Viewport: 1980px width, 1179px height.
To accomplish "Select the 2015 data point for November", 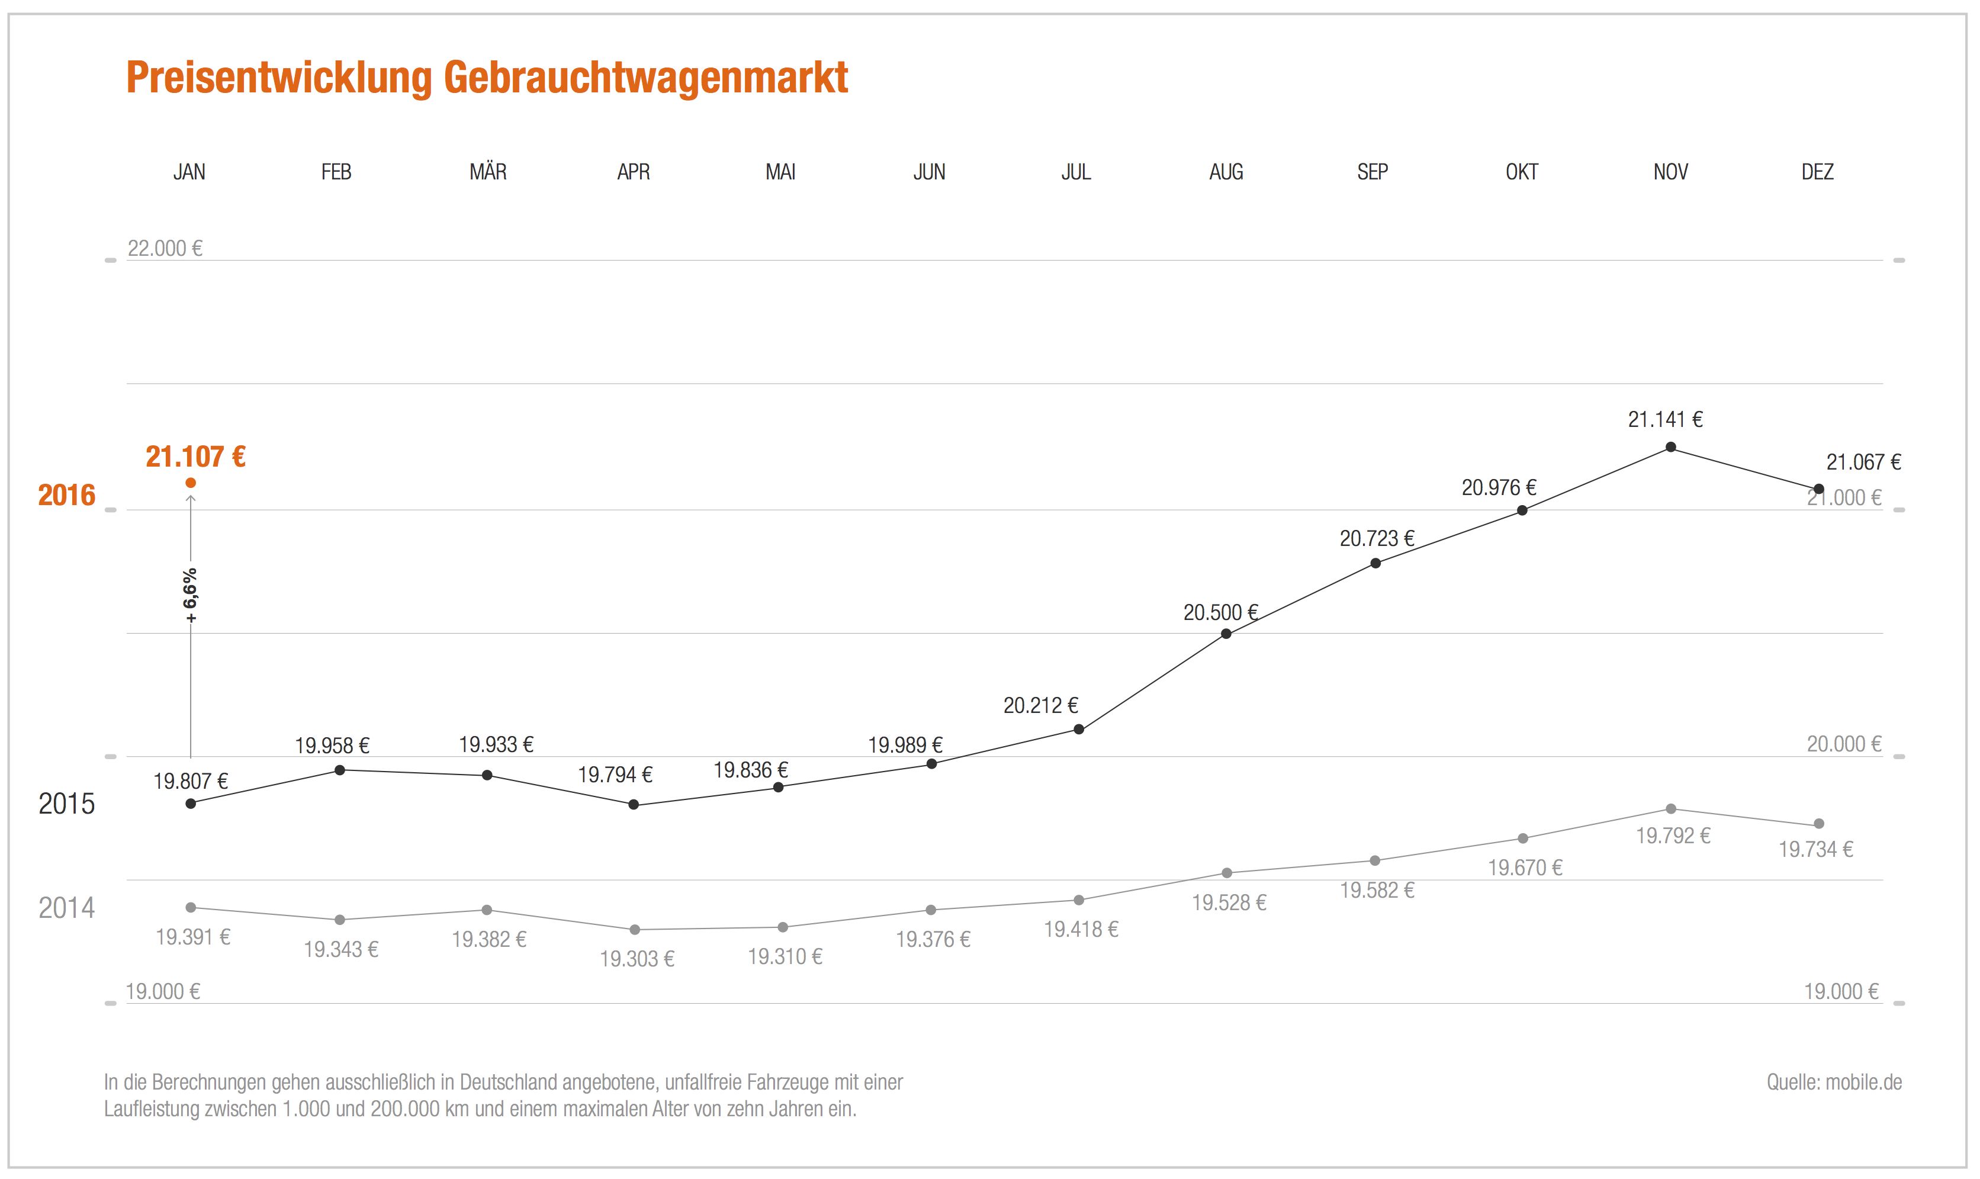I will point(1670,447).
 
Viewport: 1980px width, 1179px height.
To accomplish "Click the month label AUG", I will point(1226,172).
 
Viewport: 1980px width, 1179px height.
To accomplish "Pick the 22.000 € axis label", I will point(165,249).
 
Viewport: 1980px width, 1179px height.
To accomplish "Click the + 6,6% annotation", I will point(191,595).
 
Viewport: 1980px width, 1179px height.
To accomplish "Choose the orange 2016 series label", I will point(67,496).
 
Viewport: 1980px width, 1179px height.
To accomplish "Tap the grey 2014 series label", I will point(67,908).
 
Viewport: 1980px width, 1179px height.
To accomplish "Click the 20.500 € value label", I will point(1220,612).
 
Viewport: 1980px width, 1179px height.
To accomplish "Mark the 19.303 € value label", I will point(637,959).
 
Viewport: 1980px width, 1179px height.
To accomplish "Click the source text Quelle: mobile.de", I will point(1834,1082).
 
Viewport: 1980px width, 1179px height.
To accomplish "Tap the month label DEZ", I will point(1817,172).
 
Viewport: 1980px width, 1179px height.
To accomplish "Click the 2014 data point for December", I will point(1819,824).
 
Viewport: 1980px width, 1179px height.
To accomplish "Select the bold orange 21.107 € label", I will point(195,457).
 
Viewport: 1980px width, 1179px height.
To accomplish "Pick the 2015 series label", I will point(67,804).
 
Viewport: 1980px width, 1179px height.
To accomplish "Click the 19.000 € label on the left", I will point(163,991).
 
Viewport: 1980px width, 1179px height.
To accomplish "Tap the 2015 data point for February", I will point(340,770).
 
